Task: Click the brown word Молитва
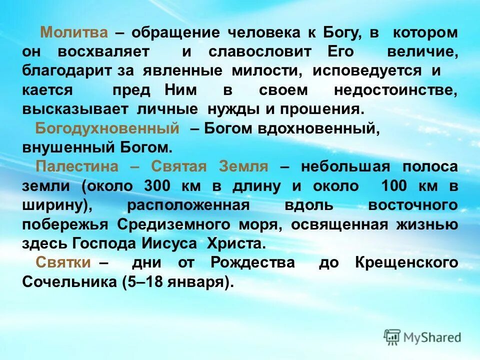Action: (x=74, y=33)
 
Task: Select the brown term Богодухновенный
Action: (x=107, y=128)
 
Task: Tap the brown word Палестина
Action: (x=77, y=166)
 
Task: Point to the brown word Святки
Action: (x=62, y=262)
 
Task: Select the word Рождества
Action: (x=252, y=262)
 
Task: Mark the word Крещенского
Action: (x=406, y=262)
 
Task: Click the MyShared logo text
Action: (x=433, y=337)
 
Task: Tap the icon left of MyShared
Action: (x=392, y=337)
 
